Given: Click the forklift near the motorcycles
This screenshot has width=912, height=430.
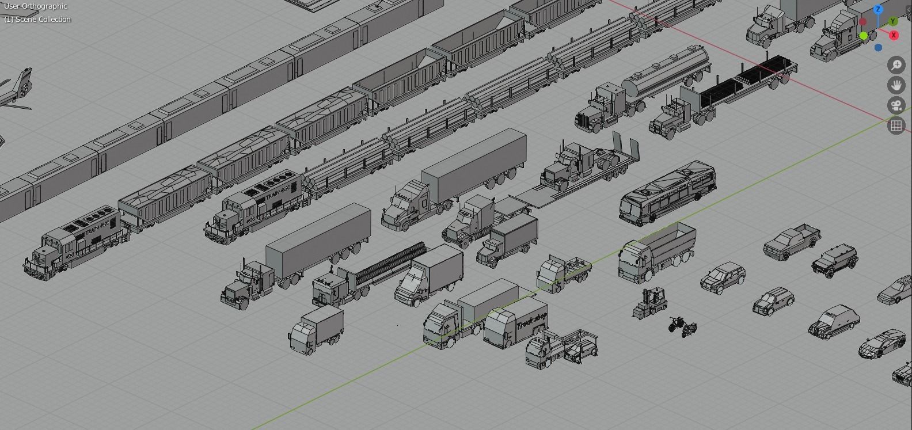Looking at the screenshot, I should click(651, 303).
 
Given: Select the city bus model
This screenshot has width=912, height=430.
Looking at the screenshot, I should click(668, 193).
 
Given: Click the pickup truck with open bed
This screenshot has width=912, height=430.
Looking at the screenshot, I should click(792, 241).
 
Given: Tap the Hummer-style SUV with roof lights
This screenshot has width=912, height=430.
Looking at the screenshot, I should click(834, 260).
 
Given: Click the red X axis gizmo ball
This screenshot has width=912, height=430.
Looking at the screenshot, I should click(894, 35).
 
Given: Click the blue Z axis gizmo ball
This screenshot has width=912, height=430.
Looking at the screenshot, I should click(878, 10).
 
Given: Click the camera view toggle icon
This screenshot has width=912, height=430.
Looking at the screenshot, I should click(896, 105).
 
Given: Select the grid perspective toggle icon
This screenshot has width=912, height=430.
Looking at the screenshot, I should click(896, 125).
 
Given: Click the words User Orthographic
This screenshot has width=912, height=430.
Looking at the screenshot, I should click(35, 6).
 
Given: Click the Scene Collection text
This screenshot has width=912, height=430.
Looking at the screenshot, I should click(37, 20).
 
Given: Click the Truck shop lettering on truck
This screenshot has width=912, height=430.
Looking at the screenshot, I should click(531, 322).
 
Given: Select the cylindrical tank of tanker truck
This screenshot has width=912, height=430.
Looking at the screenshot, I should click(668, 73).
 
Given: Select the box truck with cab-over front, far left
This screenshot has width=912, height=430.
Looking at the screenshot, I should click(316, 330).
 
